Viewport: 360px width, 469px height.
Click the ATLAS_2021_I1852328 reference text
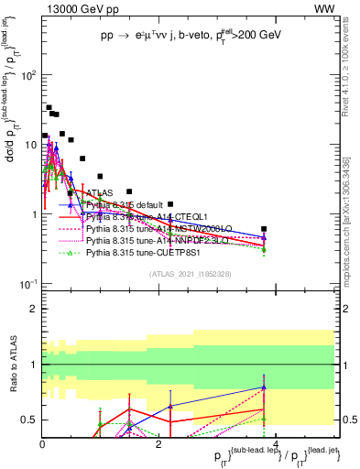point(190,275)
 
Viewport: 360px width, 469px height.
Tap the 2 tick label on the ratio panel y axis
point(34,308)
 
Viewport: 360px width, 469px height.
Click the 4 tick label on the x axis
point(276,444)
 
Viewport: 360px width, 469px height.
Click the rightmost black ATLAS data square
point(264,229)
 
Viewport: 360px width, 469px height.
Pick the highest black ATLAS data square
point(49,107)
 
